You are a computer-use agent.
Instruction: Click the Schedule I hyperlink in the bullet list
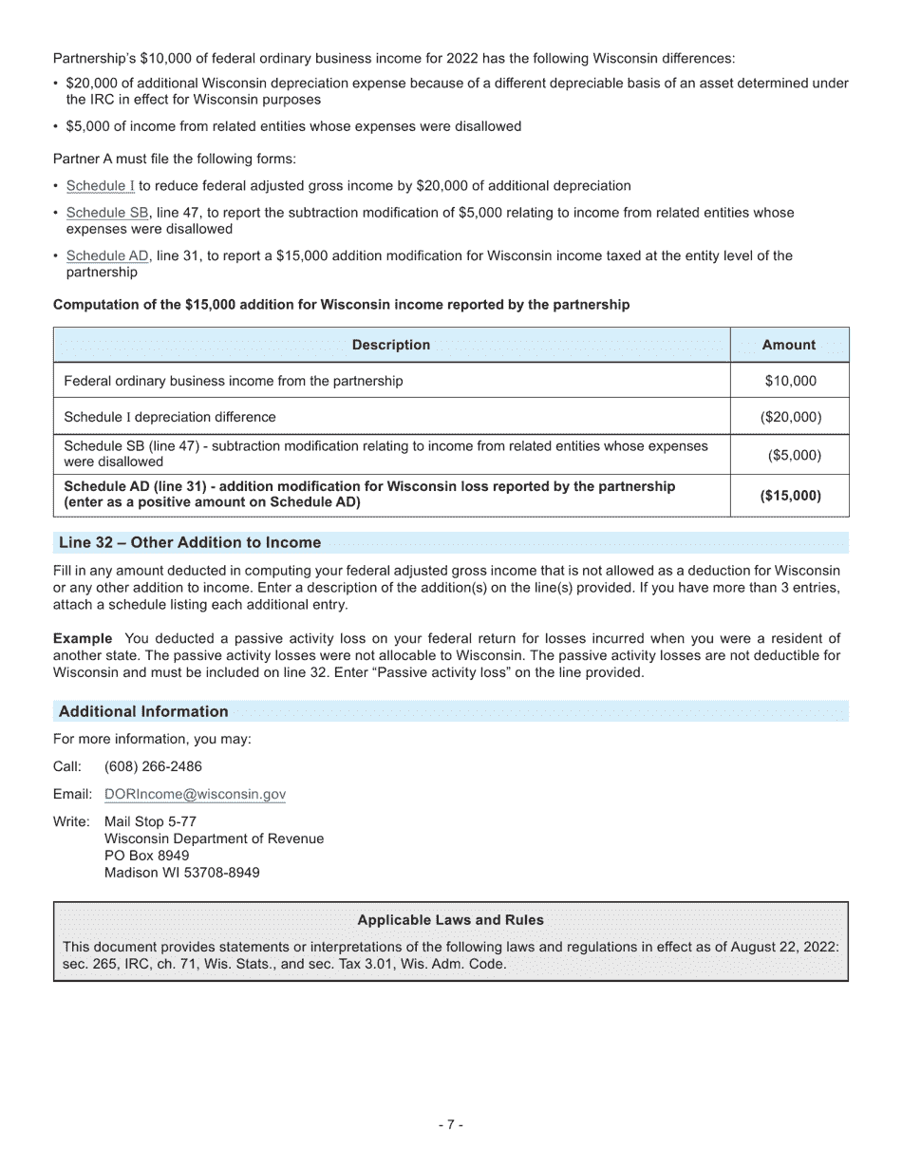[100, 186]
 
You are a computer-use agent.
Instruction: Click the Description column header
[390, 346]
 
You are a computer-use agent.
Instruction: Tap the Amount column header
[788, 346]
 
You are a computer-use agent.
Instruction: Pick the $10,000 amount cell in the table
[790, 381]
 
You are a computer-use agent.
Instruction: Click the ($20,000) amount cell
[790, 417]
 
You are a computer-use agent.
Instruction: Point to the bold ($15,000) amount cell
[790, 496]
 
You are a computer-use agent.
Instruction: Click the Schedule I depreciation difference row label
[170, 417]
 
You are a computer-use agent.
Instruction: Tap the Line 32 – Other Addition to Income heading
[190, 543]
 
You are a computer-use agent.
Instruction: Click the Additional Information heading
[143, 712]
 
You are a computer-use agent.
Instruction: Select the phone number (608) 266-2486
[153, 767]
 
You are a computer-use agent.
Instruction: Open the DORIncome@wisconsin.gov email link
[195, 795]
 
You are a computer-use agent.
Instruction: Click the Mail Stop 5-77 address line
[150, 821]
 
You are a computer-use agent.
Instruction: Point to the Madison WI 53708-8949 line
[181, 873]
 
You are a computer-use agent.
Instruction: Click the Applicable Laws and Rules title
[450, 920]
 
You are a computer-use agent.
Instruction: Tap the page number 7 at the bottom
[451, 1125]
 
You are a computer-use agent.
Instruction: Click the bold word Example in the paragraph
[83, 639]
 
